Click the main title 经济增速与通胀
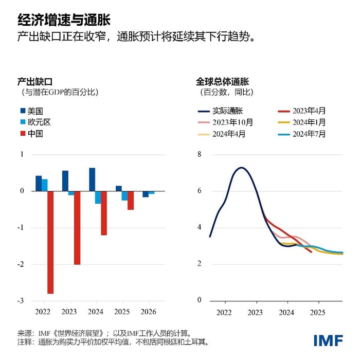click(64, 19)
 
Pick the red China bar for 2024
click(104, 213)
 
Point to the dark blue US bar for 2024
click(92, 179)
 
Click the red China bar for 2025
click(131, 200)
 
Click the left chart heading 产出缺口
click(35, 81)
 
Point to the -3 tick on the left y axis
click(22, 300)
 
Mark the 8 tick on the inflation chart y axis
click(200, 154)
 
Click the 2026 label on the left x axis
click(149, 312)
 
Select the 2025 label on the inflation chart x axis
click(318, 312)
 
